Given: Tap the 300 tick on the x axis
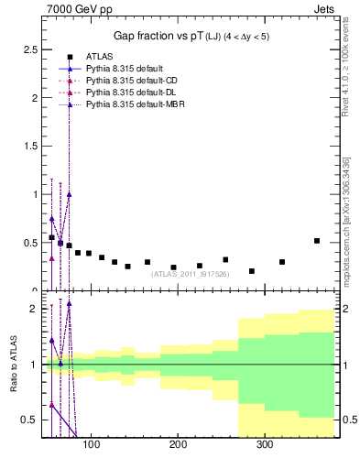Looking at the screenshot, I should click(264, 445).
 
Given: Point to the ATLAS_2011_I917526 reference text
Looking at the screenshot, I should click(191, 275).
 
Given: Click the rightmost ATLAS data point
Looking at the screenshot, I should click(316, 241).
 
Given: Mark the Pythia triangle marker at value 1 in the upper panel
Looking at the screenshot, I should click(69, 194).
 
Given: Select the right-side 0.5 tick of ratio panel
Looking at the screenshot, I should click(344, 420).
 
